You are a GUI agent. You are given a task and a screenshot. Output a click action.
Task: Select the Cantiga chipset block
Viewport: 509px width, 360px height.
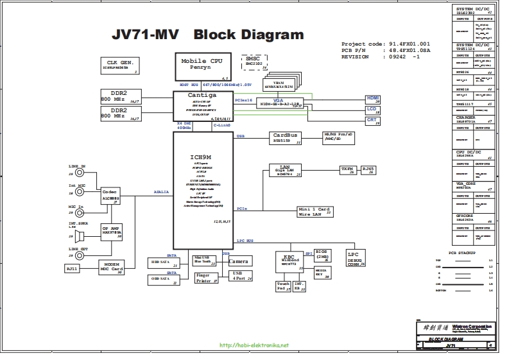coord(202,105)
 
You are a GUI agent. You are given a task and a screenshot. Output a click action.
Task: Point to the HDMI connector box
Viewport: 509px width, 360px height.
coord(373,99)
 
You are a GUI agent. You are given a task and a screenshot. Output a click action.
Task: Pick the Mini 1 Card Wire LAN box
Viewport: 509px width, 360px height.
coord(315,211)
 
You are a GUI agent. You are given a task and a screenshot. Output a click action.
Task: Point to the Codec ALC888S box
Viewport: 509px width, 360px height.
coord(110,196)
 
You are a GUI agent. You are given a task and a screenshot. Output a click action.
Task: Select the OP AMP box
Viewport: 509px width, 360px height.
coord(110,230)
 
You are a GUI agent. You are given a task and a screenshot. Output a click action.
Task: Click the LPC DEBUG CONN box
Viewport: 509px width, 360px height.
coord(356,258)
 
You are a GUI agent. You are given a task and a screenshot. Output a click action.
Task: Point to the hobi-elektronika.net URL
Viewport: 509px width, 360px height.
coord(254,345)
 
